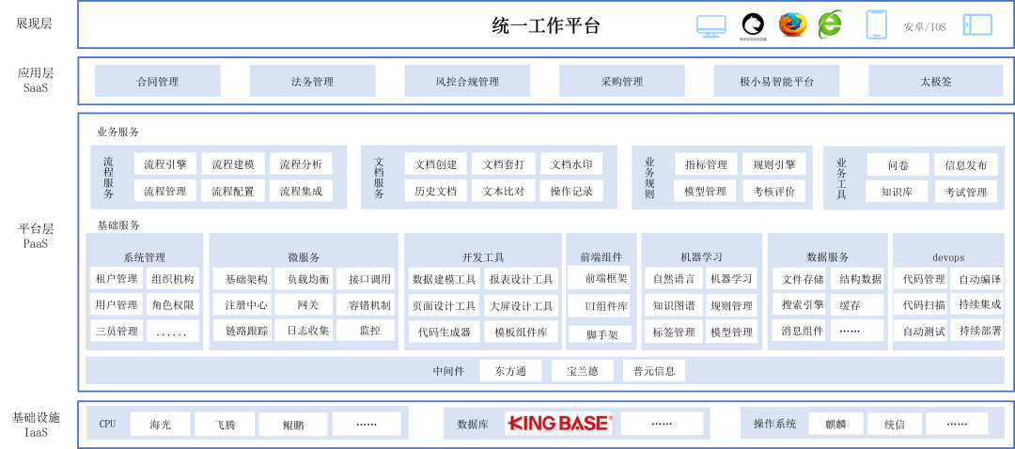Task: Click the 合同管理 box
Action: pyautogui.click(x=157, y=82)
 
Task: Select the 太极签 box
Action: pyautogui.click(x=935, y=82)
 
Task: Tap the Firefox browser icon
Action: pyautogui.click(x=792, y=24)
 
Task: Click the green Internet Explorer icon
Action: pyautogui.click(x=830, y=25)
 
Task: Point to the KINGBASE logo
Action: pyautogui.click(x=559, y=424)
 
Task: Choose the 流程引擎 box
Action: pyautogui.click(x=165, y=164)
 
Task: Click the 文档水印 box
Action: pyautogui.click(x=570, y=164)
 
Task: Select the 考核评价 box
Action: pyautogui.click(x=773, y=192)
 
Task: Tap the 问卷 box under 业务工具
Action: pyautogui.click(x=898, y=165)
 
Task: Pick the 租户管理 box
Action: pyautogui.click(x=116, y=279)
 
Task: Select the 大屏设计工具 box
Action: pyautogui.click(x=521, y=305)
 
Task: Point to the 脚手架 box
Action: pyautogui.click(x=601, y=333)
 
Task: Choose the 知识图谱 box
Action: pyautogui.click(x=673, y=305)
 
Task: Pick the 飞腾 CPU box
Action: pyautogui.click(x=224, y=425)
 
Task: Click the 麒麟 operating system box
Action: pyautogui.click(x=835, y=424)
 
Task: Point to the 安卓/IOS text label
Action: pyautogui.click(x=924, y=27)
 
